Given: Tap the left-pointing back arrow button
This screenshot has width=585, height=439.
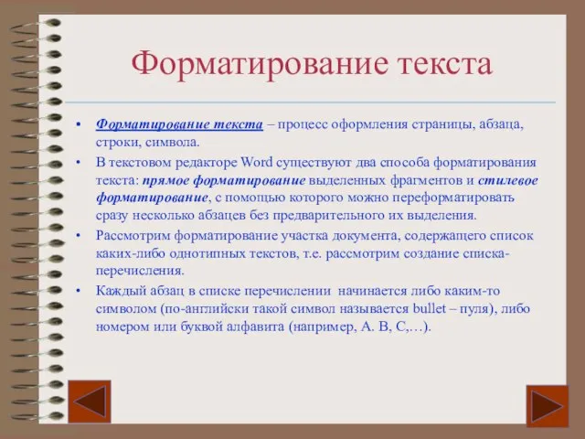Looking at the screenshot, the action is pyautogui.click(x=90, y=402).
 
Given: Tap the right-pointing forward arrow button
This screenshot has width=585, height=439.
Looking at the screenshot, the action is pyautogui.click(x=548, y=406).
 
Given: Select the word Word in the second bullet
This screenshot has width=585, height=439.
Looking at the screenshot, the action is pyautogui.click(x=257, y=163).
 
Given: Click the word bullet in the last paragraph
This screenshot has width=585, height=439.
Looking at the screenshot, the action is pyautogui.click(x=430, y=309).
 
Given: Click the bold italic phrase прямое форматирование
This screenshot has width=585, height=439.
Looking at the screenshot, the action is pyautogui.click(x=224, y=181).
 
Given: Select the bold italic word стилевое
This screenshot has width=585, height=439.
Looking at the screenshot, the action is pyautogui.click(x=508, y=181).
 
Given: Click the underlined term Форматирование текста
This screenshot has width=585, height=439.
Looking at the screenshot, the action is pyautogui.click(x=179, y=124).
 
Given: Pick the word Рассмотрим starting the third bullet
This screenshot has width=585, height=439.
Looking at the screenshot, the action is pyautogui.click(x=133, y=237).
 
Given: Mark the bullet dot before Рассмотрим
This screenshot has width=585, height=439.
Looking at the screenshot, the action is pyautogui.click(x=79, y=236).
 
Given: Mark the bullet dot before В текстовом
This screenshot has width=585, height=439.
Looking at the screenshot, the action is pyautogui.click(x=79, y=163).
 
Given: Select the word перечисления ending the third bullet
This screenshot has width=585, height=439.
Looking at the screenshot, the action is pyautogui.click(x=140, y=272).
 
